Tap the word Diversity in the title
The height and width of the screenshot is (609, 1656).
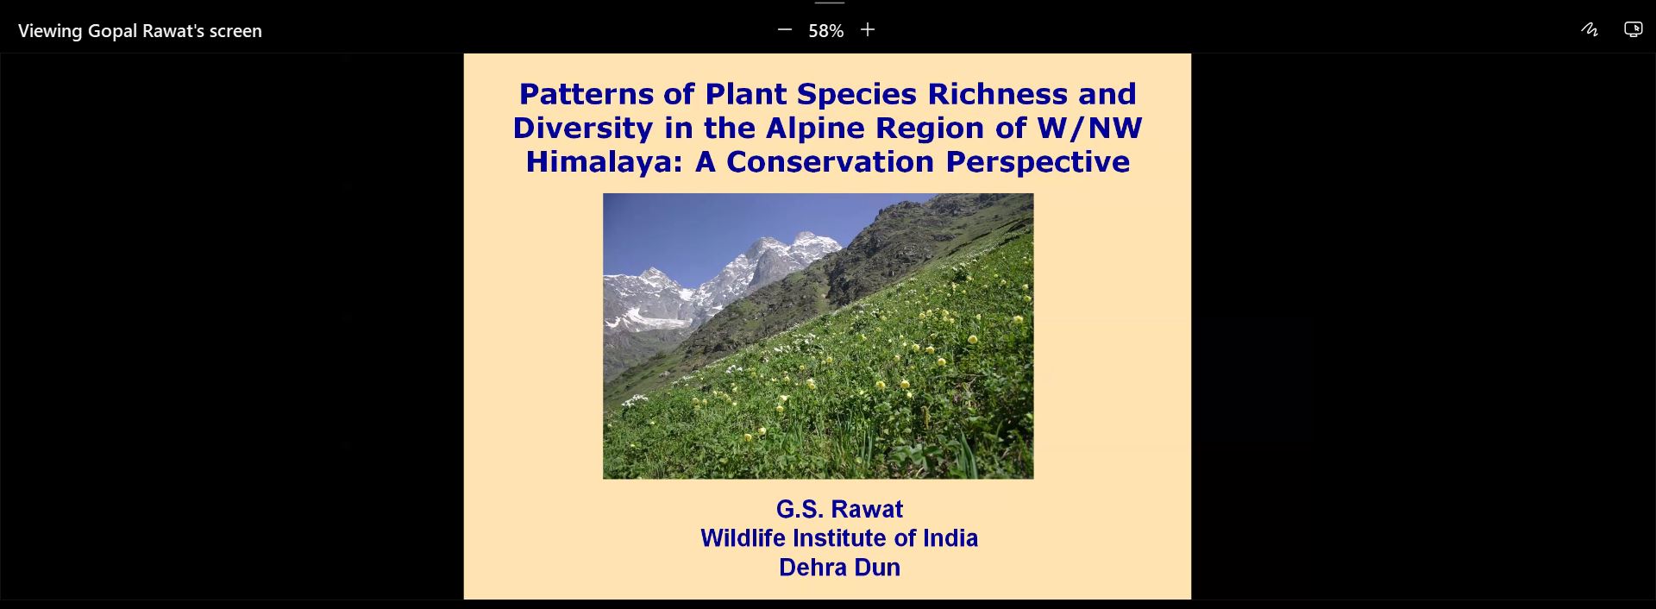coord(582,129)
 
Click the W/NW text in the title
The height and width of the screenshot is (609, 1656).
coord(1089,128)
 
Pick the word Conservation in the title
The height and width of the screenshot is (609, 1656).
coord(831,161)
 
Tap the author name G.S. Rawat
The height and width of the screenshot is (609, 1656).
coord(839,509)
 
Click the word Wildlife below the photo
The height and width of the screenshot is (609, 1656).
coord(743,538)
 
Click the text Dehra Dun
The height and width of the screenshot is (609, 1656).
coord(839,568)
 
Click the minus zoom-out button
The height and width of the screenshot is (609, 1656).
coord(785,30)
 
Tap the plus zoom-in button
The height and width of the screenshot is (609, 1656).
coord(868,30)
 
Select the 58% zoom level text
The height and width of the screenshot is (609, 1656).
coord(825,31)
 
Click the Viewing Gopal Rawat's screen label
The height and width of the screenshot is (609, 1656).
coord(140,31)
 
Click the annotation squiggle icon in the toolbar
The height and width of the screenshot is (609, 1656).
coord(1590,30)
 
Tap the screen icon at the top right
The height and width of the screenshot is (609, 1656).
coord(1634,30)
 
